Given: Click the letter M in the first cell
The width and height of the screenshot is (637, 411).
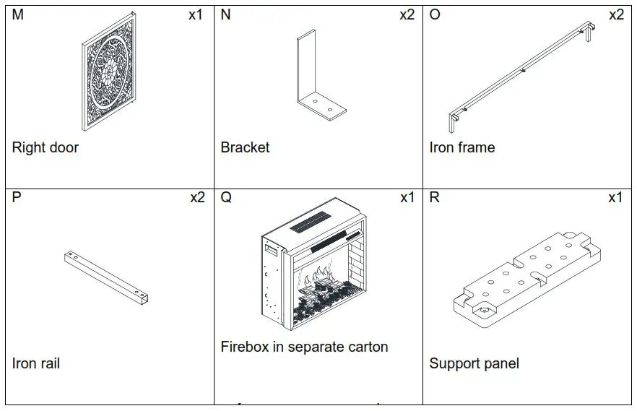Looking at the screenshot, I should (x=18, y=15).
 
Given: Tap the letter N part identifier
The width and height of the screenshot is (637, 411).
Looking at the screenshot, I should (x=226, y=15).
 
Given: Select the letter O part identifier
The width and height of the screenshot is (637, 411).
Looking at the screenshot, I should (x=435, y=15).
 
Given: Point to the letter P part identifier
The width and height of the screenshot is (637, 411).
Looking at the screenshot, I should (x=17, y=198).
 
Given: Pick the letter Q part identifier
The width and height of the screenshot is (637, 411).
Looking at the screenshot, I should (x=226, y=198).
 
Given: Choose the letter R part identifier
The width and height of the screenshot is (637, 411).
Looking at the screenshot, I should (x=435, y=198).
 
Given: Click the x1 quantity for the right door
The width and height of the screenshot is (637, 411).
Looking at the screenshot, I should (x=196, y=15).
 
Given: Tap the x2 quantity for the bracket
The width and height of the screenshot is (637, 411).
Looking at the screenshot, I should (x=407, y=15).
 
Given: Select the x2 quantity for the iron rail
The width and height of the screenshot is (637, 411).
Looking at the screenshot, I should (x=197, y=198).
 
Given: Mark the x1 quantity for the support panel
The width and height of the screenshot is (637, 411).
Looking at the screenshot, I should (x=615, y=198).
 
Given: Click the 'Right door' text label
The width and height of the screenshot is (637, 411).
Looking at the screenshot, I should (x=45, y=148).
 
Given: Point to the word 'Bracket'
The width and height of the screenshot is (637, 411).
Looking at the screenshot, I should (x=245, y=148).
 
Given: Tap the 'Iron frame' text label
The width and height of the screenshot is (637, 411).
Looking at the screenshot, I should (x=462, y=148).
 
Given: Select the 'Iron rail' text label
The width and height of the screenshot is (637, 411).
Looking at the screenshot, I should (x=36, y=363).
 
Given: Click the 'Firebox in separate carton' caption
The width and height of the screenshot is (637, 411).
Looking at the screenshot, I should (x=304, y=347).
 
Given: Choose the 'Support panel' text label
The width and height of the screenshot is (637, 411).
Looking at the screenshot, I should (x=474, y=363).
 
